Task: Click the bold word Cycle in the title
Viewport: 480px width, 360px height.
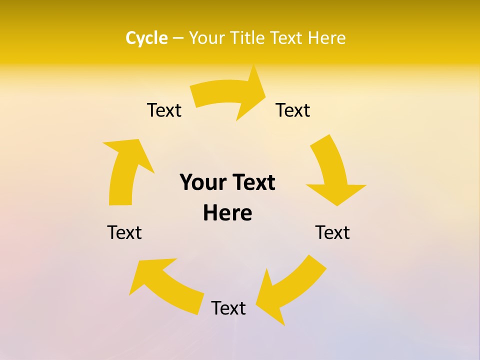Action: pos(146,38)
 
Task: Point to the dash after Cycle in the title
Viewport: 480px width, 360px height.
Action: pos(178,38)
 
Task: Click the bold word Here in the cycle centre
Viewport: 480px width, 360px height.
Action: pos(227,213)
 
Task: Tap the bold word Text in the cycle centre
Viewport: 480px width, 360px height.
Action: pos(253,182)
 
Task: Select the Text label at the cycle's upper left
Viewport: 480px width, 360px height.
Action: pos(164,110)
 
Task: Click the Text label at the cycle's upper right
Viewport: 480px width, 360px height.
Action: pos(293,110)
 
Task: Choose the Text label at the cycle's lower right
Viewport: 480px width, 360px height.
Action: pos(332,232)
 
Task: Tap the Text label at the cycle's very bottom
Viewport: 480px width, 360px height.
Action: pos(228,308)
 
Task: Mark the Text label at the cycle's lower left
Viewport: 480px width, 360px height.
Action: pos(124,232)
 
